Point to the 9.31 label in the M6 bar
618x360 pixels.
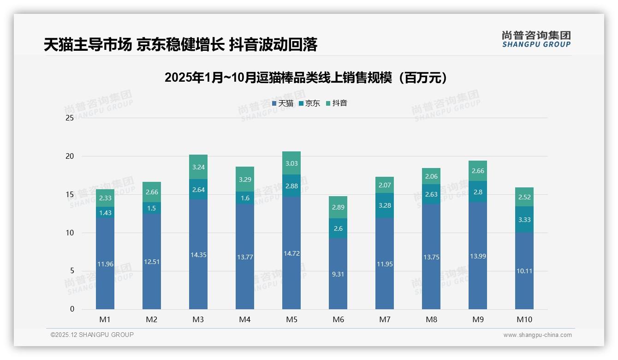tap(338, 274)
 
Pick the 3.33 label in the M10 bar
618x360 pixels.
tap(524, 220)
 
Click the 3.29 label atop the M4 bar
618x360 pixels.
tap(245, 179)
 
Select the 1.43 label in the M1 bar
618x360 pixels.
tap(105, 213)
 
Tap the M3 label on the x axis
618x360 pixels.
tap(198, 319)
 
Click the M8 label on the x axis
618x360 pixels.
tap(431, 319)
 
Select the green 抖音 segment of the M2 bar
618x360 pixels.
tap(152, 192)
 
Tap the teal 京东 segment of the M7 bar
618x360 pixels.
tap(385, 205)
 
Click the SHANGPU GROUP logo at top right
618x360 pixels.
tap(536, 39)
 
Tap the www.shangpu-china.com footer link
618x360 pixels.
tap(537, 335)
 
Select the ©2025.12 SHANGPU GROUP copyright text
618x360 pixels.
tap(92, 335)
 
